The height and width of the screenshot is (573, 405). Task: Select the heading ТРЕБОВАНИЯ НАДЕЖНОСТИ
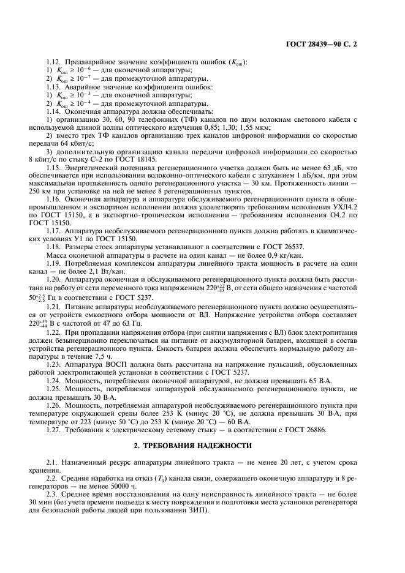(x=202, y=445)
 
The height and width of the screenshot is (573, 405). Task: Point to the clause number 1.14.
(x=55, y=111)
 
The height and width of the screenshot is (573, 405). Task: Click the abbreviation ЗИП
(x=196, y=509)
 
